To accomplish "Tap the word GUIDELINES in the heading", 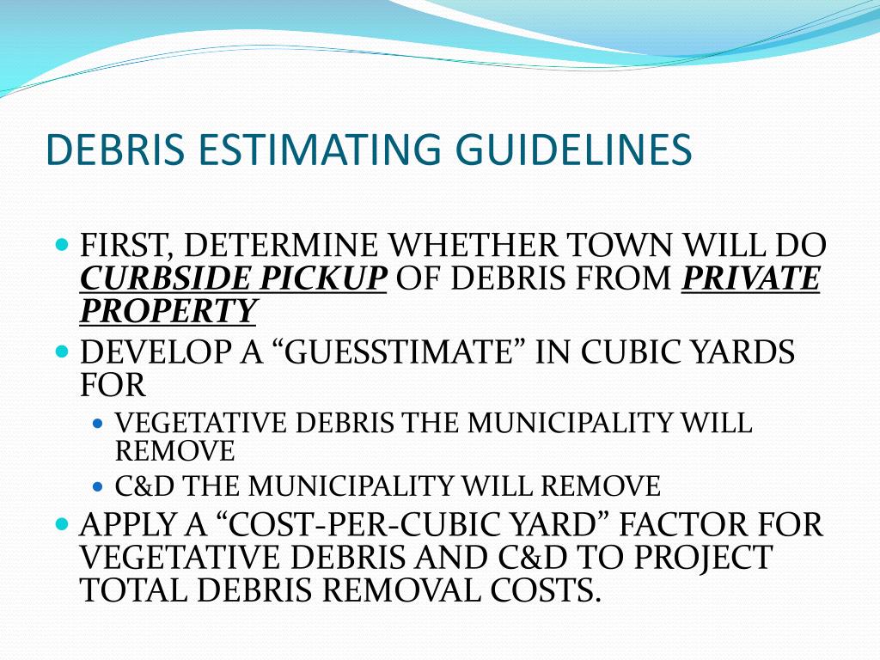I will click(574, 150).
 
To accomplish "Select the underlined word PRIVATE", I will click(750, 278).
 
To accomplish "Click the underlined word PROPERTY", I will click(168, 310).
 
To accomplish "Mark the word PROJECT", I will click(704, 557).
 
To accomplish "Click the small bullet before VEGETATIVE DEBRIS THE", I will click(98, 424).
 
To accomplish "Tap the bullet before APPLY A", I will click(61, 522).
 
